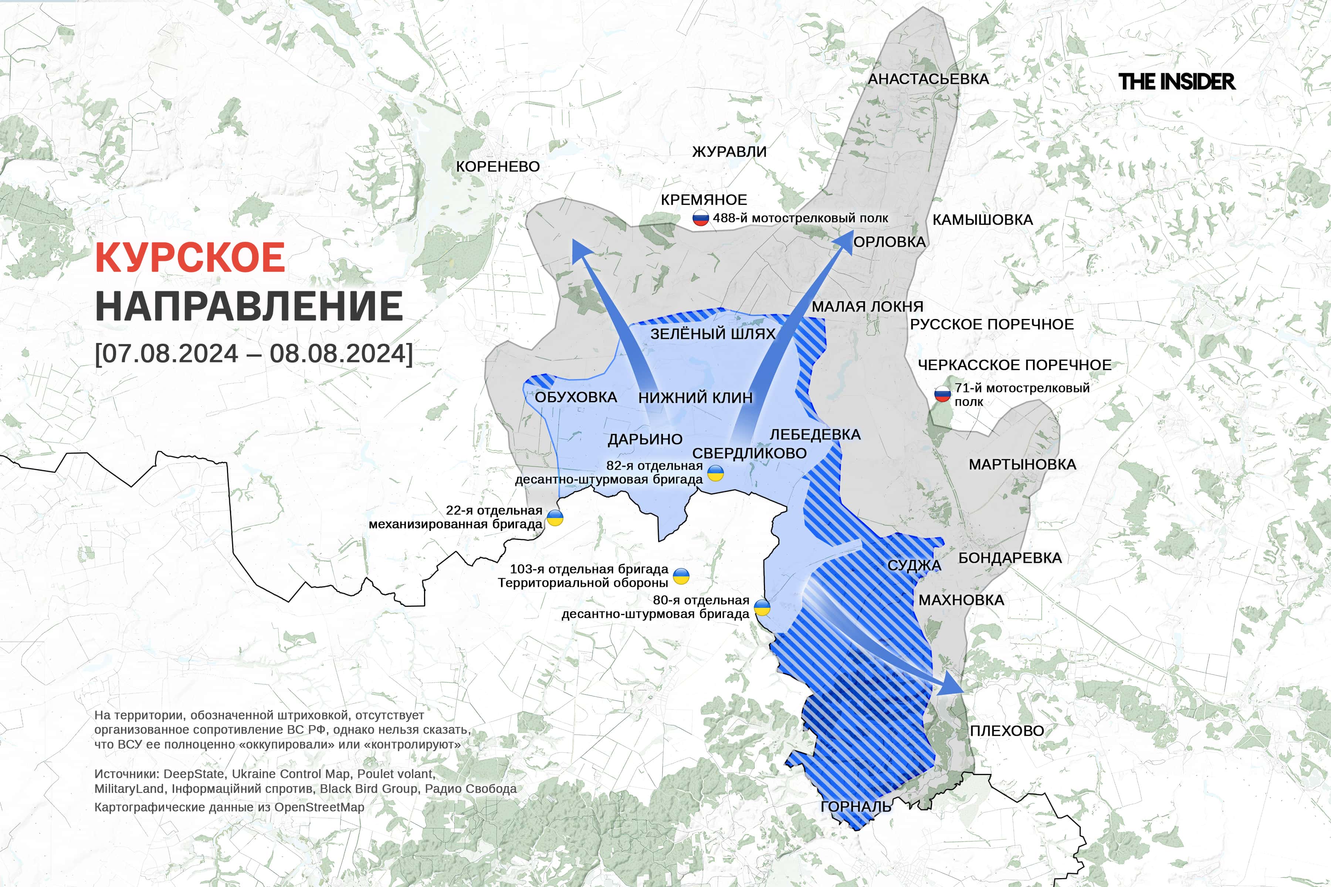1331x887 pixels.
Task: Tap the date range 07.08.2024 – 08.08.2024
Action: click(254, 354)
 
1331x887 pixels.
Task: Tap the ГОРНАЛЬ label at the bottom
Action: click(856, 807)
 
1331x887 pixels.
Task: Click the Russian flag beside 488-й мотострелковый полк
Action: click(701, 219)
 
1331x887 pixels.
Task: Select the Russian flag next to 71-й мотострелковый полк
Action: click(942, 394)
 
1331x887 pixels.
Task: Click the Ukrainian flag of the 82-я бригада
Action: click(716, 473)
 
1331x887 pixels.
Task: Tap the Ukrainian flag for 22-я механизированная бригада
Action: click(555, 518)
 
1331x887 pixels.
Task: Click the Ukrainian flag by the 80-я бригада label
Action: click(762, 608)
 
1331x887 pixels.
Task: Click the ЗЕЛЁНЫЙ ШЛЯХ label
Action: click(712, 334)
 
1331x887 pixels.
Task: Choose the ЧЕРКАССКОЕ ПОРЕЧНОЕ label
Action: click(1014, 365)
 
